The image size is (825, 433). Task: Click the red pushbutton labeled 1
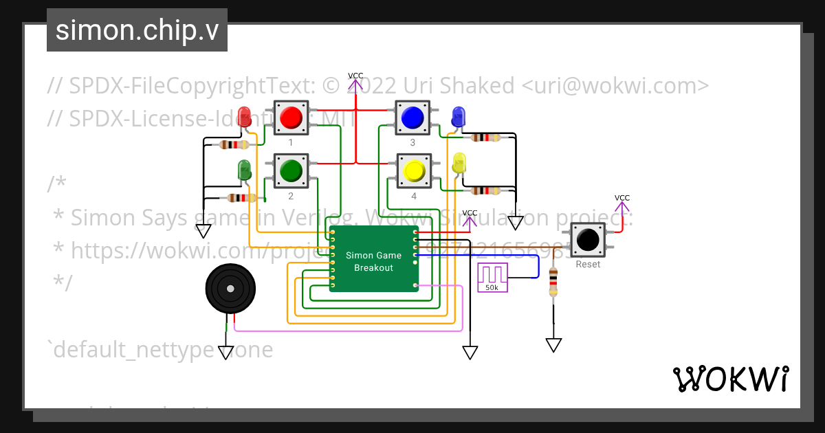[x=291, y=118]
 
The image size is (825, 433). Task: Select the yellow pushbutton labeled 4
[x=414, y=170]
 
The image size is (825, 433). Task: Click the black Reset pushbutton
[x=588, y=239]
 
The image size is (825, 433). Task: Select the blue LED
[x=458, y=116]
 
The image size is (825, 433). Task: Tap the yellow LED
[x=459, y=163]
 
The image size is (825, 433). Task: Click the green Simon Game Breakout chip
[x=373, y=258]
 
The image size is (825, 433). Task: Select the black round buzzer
[x=230, y=289]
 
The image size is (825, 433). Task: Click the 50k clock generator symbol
[x=492, y=277]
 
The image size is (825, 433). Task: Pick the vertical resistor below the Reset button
[x=553, y=282]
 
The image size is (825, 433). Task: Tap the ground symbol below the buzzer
[x=226, y=353]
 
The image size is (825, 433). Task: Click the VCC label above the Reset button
[x=621, y=198]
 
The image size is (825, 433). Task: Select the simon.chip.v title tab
[x=137, y=30]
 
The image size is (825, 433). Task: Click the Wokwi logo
[x=730, y=379]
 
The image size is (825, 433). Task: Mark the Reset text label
[x=588, y=265]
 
